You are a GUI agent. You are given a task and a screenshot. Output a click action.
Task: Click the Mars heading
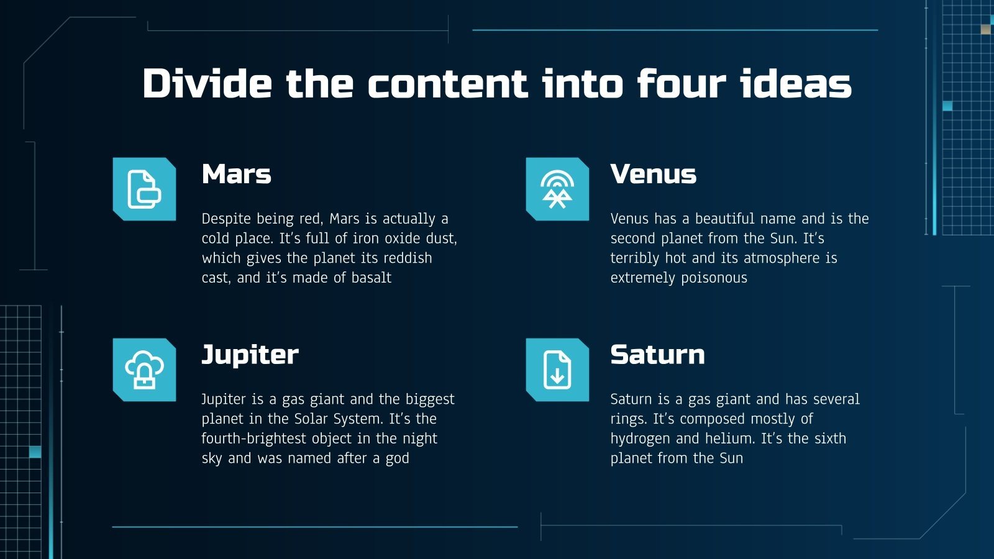pyautogui.click(x=236, y=175)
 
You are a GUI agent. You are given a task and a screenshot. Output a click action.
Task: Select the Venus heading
pyautogui.click(x=653, y=175)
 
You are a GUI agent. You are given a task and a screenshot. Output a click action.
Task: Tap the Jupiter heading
pyautogui.click(x=250, y=355)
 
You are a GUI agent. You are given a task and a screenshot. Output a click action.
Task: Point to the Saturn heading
pyautogui.click(x=657, y=355)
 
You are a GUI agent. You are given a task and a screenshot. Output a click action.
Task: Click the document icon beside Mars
pyautogui.click(x=144, y=189)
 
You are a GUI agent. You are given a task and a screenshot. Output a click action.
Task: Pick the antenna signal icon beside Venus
pyautogui.click(x=557, y=189)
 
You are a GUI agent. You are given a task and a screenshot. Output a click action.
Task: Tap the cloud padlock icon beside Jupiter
pyautogui.click(x=144, y=370)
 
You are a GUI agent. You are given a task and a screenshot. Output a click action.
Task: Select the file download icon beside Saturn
pyautogui.click(x=557, y=370)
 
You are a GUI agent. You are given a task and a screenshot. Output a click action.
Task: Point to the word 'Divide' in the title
pyautogui.click(x=207, y=84)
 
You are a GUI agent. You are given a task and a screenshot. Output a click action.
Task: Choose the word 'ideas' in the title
pyautogui.click(x=796, y=84)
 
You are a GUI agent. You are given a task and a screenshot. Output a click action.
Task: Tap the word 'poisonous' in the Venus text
pyautogui.click(x=714, y=278)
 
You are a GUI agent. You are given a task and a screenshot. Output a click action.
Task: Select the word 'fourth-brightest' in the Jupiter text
pyautogui.click(x=254, y=439)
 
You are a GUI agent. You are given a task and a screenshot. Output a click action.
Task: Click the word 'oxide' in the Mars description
pyautogui.click(x=402, y=239)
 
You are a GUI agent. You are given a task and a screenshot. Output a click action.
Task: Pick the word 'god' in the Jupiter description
pyautogui.click(x=398, y=459)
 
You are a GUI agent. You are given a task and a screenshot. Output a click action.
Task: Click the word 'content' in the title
pyautogui.click(x=448, y=84)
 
